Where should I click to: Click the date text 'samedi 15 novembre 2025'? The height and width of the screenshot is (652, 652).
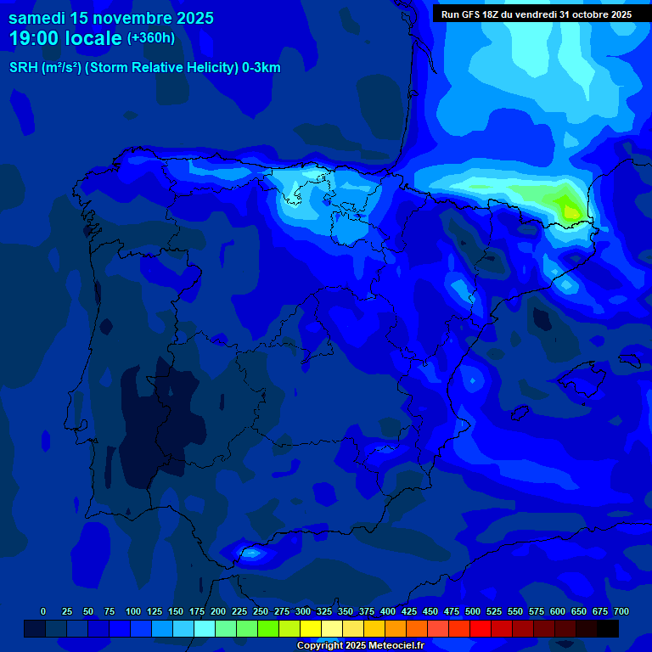(x=111, y=18)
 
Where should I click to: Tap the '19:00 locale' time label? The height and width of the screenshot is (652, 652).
(x=65, y=38)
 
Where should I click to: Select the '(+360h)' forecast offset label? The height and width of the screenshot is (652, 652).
(x=150, y=38)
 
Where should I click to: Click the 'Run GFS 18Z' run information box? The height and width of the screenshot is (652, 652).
(x=536, y=14)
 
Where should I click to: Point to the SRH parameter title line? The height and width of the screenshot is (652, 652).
(x=144, y=68)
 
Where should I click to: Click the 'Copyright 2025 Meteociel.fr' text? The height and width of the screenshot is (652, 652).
(x=359, y=645)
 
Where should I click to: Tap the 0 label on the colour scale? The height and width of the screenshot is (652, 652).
(x=43, y=611)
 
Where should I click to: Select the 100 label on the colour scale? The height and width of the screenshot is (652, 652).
(x=133, y=611)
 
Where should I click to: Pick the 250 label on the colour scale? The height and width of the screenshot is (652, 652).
(x=261, y=611)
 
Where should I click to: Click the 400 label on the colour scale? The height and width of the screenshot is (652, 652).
(x=388, y=611)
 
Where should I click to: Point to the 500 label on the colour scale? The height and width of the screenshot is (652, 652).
(x=473, y=611)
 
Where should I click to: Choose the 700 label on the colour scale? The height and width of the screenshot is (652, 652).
(x=621, y=611)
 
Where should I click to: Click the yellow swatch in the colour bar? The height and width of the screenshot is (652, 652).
(x=310, y=628)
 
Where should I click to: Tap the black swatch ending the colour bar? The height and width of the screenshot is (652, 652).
(x=607, y=628)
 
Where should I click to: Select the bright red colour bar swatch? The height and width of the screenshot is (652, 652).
(x=480, y=628)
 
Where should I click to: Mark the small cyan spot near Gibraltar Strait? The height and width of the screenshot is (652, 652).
(x=251, y=554)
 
